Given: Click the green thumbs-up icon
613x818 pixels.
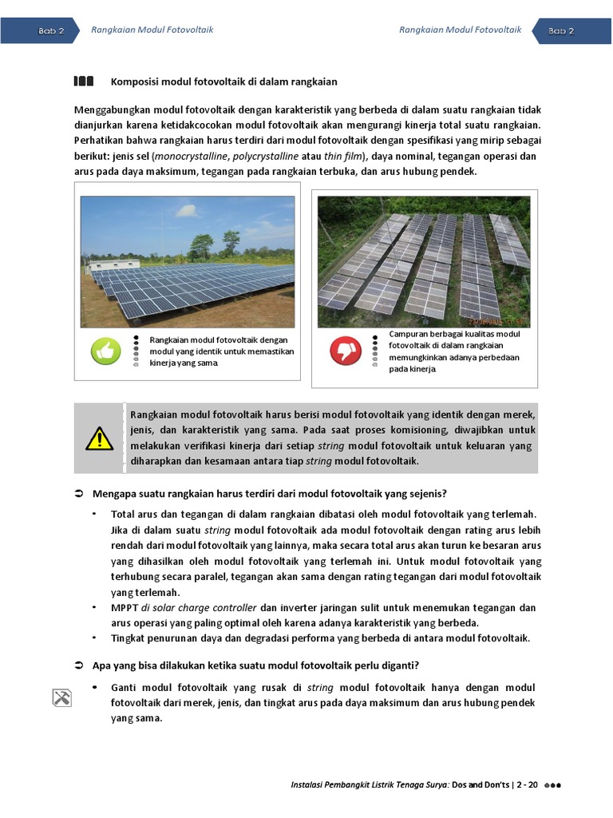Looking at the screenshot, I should click(x=105, y=351).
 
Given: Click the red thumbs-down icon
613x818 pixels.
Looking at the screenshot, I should click(x=345, y=350).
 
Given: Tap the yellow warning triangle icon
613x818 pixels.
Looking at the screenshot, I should click(x=100, y=439).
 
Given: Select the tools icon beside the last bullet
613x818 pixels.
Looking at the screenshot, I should click(x=61, y=697).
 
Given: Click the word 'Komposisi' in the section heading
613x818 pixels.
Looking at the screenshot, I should click(x=132, y=81).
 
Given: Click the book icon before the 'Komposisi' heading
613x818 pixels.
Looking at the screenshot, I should click(x=84, y=81).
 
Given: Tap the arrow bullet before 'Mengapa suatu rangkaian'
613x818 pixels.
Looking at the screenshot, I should click(x=79, y=493).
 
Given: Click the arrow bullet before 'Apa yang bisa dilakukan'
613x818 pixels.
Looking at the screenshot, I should click(x=79, y=665).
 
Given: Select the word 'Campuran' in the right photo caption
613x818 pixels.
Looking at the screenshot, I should click(x=409, y=334).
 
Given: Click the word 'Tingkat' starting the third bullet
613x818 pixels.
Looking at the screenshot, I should click(x=127, y=637).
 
